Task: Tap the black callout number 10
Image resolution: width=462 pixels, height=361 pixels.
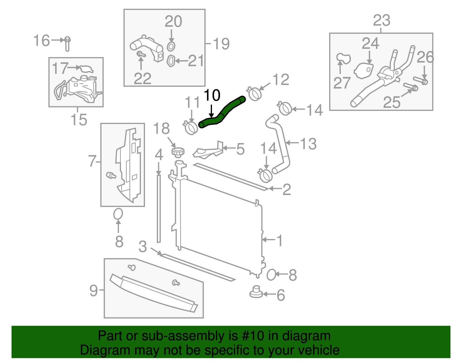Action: (212, 96)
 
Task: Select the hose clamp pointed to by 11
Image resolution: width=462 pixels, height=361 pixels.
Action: (191, 128)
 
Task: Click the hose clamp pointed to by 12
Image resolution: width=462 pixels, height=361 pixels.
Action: (255, 93)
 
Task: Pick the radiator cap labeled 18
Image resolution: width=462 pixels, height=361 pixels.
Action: (178, 152)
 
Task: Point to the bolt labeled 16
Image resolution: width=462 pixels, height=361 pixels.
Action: (67, 44)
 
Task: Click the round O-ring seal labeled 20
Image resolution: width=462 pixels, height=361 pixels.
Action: (171, 46)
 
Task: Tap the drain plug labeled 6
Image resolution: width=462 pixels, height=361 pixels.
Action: (256, 292)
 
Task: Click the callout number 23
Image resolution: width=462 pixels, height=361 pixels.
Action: (381, 21)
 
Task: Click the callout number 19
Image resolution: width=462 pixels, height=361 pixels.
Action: (221, 44)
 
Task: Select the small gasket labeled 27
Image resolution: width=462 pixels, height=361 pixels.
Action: (343, 58)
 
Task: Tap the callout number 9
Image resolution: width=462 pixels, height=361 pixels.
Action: (94, 290)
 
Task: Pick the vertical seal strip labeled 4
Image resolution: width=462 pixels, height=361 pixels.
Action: (159, 208)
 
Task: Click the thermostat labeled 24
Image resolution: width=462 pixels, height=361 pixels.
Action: (364, 71)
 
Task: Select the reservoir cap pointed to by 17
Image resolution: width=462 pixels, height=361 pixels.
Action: (86, 69)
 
